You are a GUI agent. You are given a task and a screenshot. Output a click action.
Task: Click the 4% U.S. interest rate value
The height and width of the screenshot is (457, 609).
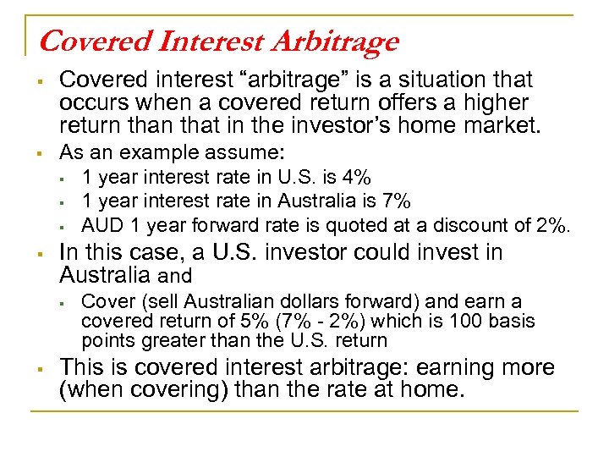[x=355, y=178]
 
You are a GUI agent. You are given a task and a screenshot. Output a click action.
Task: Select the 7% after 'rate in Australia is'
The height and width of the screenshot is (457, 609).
[x=395, y=201]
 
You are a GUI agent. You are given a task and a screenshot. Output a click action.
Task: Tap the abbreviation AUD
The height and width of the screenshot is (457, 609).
[x=100, y=225]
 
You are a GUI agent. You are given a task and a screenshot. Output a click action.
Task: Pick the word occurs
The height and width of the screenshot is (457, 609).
[x=90, y=103]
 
